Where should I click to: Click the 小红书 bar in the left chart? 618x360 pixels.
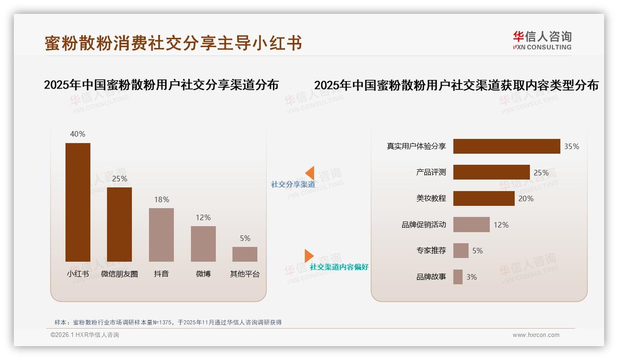[77, 202]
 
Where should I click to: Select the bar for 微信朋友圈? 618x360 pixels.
[119, 224]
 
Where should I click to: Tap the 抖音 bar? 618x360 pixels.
[161, 234]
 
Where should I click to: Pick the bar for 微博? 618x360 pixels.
[203, 244]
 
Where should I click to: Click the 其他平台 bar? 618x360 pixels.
[245, 254]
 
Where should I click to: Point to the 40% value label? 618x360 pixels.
[77, 134]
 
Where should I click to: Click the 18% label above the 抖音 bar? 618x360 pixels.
[161, 199]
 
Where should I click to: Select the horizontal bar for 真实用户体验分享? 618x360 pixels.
[506, 146]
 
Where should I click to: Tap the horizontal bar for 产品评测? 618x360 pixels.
[491, 172]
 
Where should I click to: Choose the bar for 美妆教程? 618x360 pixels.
[484, 198]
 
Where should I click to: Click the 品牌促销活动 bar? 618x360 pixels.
[471, 225]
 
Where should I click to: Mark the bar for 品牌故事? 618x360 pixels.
[458, 277]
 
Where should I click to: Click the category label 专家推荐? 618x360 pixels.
[431, 251]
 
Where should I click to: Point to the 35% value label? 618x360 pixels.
[571, 146]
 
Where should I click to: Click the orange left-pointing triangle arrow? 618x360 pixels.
[310, 173]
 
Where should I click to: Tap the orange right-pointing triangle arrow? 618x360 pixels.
[309, 256]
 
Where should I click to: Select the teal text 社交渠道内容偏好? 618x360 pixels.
[339, 267]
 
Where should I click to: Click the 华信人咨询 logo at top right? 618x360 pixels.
[542, 40]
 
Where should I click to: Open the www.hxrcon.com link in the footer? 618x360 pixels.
[535, 335]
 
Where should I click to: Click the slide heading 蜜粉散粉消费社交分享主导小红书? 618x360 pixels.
[173, 43]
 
